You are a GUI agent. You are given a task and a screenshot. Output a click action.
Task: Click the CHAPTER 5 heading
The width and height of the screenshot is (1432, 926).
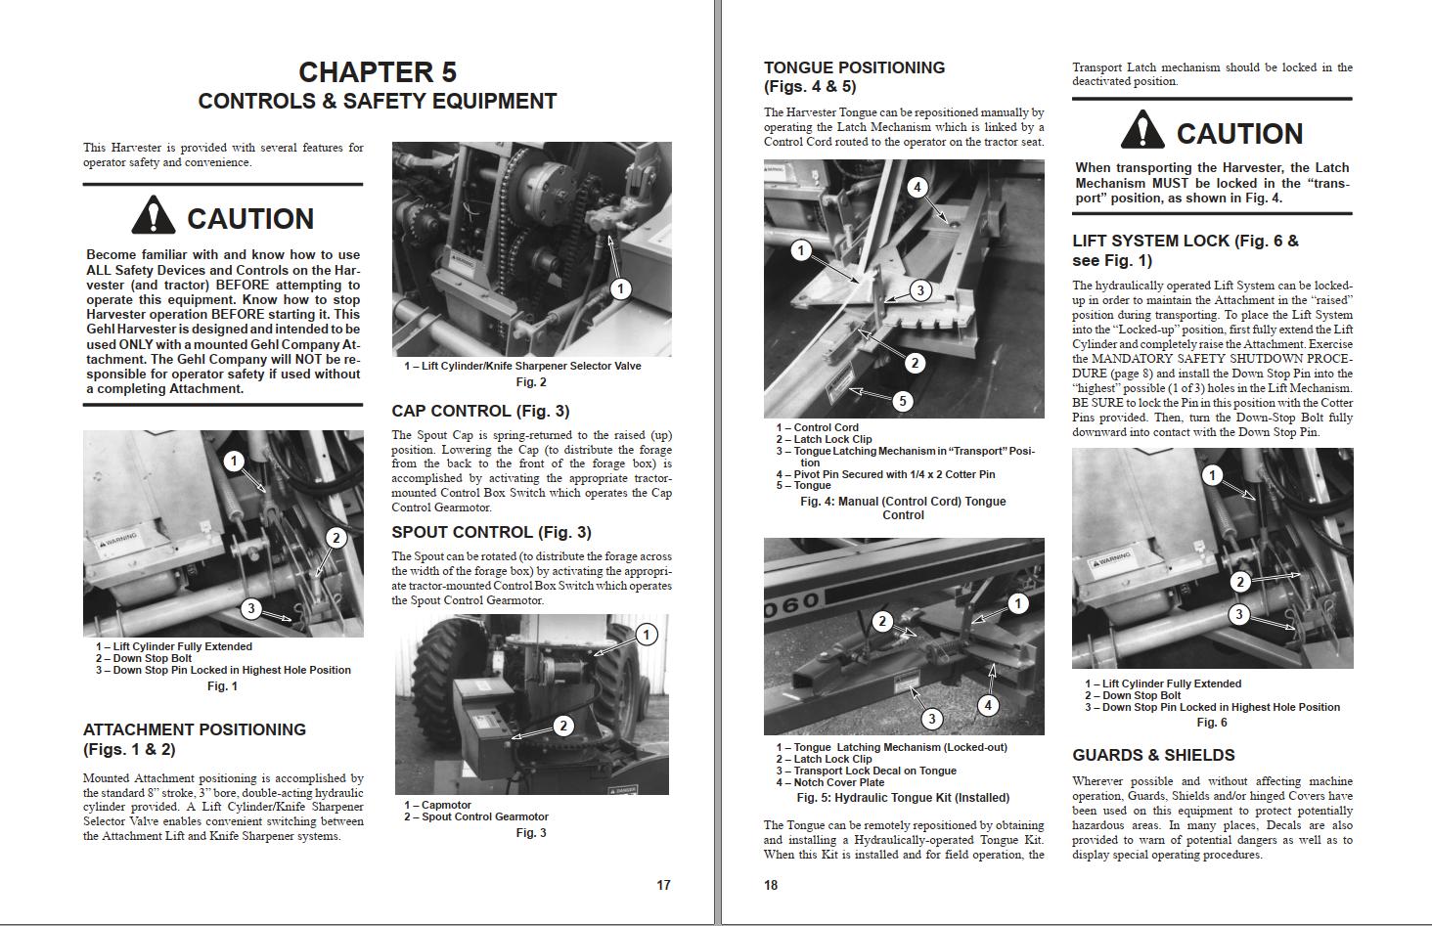pos(377,72)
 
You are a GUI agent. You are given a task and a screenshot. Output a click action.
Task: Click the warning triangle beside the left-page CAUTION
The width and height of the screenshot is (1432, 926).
pos(153,216)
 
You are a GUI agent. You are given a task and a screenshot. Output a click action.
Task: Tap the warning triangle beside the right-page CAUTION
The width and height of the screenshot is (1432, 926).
pos(1141,131)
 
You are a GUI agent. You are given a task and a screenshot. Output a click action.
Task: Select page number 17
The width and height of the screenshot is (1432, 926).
pos(663,885)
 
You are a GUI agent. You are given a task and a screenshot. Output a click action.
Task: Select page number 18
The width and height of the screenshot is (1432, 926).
pos(771,885)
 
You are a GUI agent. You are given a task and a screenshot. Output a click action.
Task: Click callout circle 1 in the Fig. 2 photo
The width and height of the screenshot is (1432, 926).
pos(620,288)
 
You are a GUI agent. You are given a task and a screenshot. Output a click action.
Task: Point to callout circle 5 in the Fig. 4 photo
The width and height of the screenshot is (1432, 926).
pos(903,400)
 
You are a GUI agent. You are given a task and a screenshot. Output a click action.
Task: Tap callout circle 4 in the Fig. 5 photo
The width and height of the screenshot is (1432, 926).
pos(988,705)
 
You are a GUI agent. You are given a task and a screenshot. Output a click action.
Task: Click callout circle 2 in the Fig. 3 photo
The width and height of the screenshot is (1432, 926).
pos(563,726)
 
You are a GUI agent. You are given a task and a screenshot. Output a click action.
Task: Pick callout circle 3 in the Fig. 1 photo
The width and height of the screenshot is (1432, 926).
pos(251,609)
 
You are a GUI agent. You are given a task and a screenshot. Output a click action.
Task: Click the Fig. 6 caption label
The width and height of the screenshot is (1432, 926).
pos(1211,723)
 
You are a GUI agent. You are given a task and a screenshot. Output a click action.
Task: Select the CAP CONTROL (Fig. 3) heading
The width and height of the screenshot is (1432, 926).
pos(480,411)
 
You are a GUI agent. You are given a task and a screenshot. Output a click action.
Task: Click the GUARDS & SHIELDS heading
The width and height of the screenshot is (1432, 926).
pos(1153,755)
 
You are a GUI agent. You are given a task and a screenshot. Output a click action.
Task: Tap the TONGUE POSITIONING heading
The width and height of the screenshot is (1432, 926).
pos(854,67)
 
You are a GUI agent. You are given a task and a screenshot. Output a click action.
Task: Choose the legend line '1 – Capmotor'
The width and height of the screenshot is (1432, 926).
pos(437,805)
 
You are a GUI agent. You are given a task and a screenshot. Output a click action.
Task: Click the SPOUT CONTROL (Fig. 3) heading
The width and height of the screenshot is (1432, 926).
pos(491,532)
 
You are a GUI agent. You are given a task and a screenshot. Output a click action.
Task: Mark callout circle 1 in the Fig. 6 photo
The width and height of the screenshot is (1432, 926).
pos(1213,476)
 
